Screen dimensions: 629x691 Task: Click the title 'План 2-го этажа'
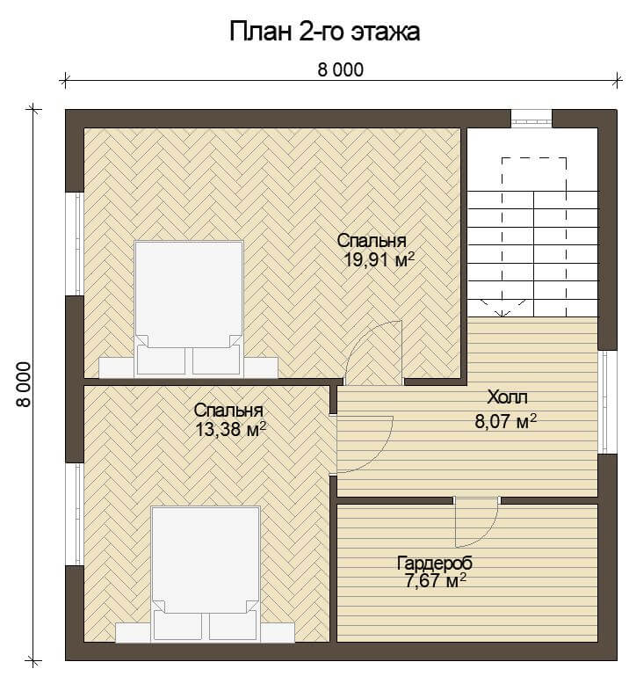[325, 33]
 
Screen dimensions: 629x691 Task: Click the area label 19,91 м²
[379, 259]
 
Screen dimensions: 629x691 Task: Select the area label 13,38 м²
[230, 429]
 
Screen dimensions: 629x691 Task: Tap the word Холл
[507, 397]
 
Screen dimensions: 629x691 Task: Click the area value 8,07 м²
[506, 422]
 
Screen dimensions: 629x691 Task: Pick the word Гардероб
[435, 563]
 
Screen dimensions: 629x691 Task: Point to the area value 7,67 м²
[435, 581]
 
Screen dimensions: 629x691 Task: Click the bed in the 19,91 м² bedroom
[189, 309]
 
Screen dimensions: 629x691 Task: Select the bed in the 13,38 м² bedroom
[206, 574]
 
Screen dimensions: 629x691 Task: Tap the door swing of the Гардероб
[477, 523]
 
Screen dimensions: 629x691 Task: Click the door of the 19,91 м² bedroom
[373, 352]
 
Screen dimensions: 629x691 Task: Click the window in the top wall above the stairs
[531, 119]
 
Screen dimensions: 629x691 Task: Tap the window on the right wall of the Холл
[607, 402]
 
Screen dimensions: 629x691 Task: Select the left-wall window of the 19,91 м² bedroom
[75, 244]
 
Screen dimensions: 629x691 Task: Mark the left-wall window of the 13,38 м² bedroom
[75, 514]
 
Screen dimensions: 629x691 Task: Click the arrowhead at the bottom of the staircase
[502, 313]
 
